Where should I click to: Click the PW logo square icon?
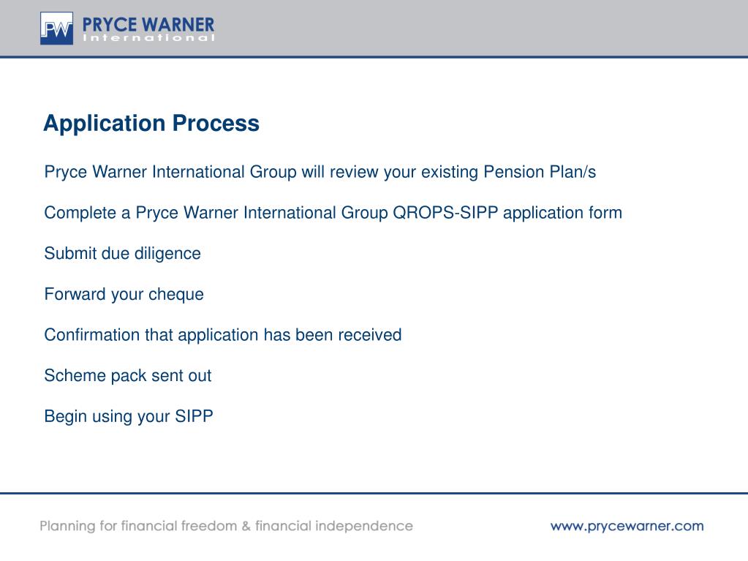coord(56,29)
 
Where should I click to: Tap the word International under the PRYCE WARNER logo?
coord(149,38)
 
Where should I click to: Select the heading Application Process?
coord(151,124)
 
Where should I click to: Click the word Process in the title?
coord(216,124)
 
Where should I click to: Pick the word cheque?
coord(175,295)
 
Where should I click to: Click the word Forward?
coord(75,295)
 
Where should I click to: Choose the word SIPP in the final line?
coord(194,417)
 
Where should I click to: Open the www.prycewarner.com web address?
coord(627,526)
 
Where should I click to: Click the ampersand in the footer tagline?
coord(246,526)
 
